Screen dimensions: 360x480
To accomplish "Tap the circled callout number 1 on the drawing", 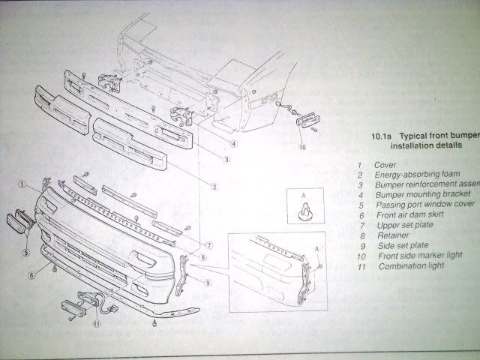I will click(23, 184).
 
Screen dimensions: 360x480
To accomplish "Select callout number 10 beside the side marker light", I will click(302, 148).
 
